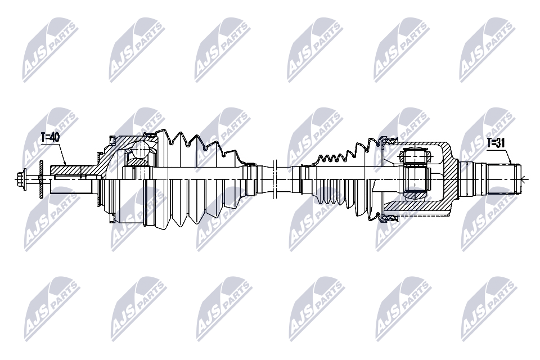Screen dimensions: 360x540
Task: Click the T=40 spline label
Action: point(51,137)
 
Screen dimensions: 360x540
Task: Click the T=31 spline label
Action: point(496,143)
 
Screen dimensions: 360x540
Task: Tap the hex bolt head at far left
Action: point(22,179)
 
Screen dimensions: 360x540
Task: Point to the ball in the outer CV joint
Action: point(139,150)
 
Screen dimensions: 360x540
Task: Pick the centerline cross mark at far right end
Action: point(523,179)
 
